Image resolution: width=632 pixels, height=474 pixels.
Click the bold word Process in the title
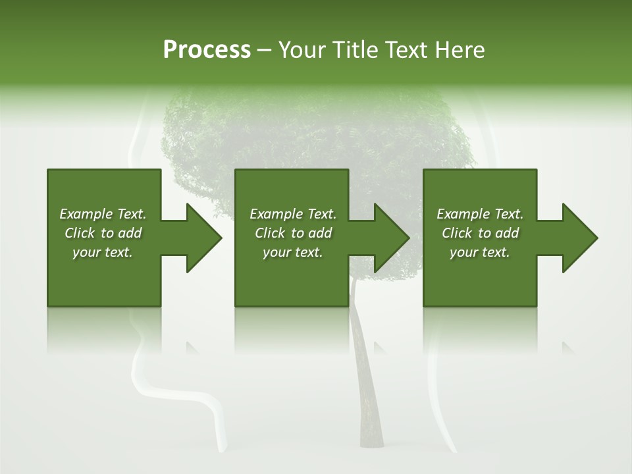[207, 50]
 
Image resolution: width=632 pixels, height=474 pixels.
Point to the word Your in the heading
[302, 50]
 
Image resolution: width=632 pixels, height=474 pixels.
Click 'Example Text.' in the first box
[103, 214]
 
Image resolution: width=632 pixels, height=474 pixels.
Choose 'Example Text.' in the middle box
[293, 214]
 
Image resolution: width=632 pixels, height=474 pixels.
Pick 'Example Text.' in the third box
[480, 214]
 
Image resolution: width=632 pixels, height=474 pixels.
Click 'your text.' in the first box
[103, 252]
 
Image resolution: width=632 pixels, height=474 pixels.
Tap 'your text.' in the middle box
[293, 252]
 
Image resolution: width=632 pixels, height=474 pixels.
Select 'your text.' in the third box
[480, 252]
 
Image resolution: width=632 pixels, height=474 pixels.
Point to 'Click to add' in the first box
[103, 233]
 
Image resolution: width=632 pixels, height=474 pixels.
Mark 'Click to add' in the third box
[480, 233]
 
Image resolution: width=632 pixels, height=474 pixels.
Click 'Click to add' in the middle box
[293, 233]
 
